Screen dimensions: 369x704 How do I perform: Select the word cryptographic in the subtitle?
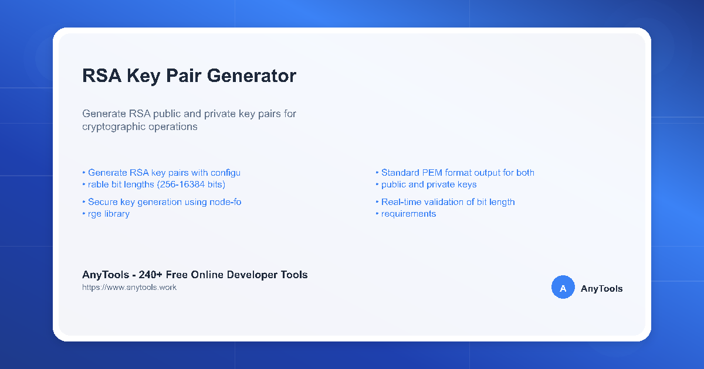tap(111, 127)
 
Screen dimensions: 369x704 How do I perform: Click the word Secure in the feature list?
tap(103, 202)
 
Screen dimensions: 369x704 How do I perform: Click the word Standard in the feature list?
tap(400, 173)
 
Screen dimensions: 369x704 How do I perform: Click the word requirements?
tap(408, 214)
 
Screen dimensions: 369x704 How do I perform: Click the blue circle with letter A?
tap(563, 288)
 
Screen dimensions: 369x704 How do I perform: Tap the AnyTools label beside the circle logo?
tap(601, 288)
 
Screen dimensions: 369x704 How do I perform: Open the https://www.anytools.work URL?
tap(129, 288)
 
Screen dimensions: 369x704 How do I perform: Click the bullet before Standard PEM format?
tap(377, 173)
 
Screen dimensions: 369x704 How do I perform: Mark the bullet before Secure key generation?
tap(83, 203)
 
